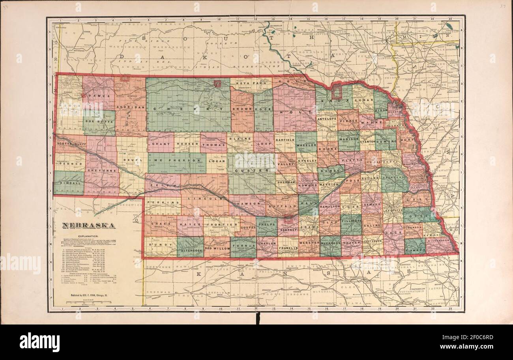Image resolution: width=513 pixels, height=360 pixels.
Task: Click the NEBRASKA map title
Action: tap(88, 226)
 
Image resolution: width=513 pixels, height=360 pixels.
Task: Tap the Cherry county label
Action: tap(188, 108)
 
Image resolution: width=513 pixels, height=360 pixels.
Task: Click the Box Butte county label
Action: tap(99, 122)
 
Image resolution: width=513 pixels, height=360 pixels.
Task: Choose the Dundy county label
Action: tap(160, 244)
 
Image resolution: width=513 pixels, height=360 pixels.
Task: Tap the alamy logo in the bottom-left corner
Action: tap(39, 341)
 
